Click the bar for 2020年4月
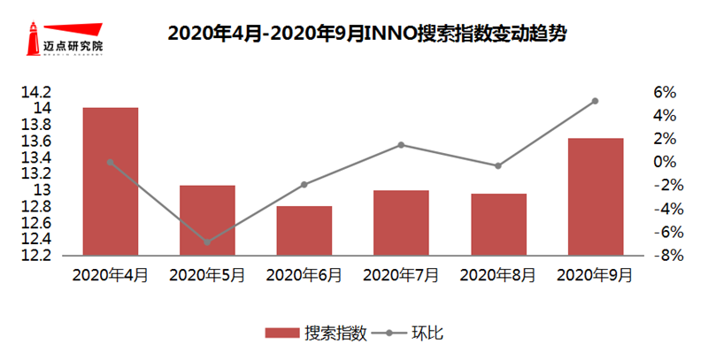(111, 181)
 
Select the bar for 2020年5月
(207, 220)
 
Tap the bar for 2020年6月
(304, 231)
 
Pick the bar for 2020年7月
(401, 223)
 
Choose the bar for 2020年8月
(498, 225)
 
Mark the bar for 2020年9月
(595, 196)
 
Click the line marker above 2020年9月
(595, 101)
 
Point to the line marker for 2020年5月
(207, 241)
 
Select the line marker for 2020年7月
(401, 144)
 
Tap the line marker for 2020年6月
(304, 184)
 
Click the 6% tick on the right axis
(665, 92)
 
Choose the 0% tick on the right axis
(665, 162)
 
